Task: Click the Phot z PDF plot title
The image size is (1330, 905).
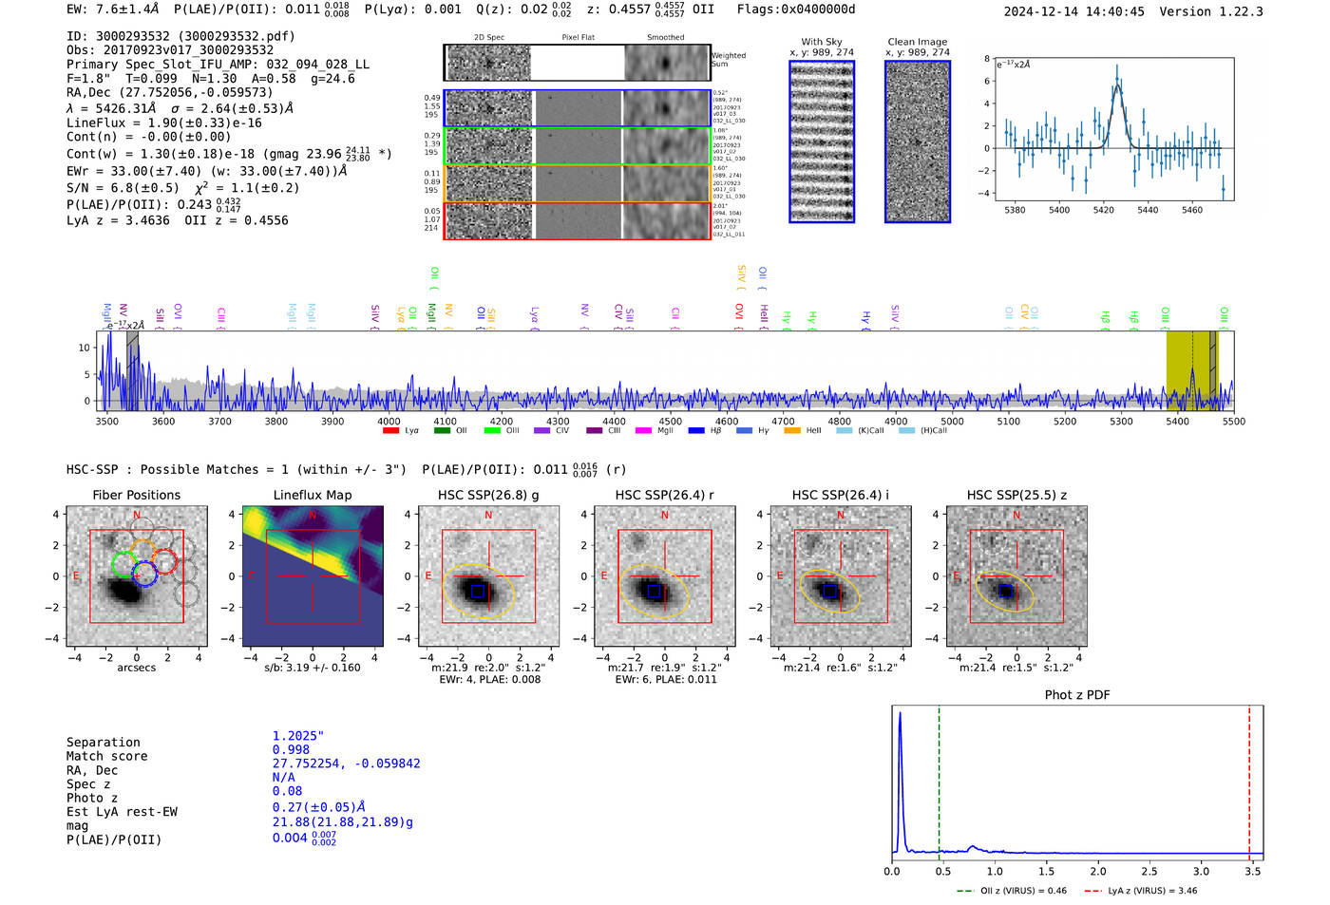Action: pos(1077,695)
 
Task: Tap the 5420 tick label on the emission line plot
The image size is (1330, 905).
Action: pos(1103,210)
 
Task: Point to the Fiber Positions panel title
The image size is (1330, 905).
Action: pos(136,495)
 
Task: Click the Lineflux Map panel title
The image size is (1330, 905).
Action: pos(312,495)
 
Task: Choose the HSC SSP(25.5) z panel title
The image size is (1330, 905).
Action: pos(1016,495)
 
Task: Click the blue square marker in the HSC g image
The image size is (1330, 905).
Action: pos(478,591)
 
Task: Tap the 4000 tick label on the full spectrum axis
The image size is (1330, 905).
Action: pos(389,422)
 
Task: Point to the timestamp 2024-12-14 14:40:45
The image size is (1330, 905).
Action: pos(1073,11)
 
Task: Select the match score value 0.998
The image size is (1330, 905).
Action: pos(291,749)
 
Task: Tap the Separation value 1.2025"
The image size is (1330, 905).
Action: pos(297,736)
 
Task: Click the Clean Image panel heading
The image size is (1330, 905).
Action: pos(917,42)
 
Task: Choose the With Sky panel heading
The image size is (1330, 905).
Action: pos(821,42)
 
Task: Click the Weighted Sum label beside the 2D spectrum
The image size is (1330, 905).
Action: pos(728,60)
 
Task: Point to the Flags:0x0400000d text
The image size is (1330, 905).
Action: pos(796,9)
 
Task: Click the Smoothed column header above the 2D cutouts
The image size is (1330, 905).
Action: pos(665,37)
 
